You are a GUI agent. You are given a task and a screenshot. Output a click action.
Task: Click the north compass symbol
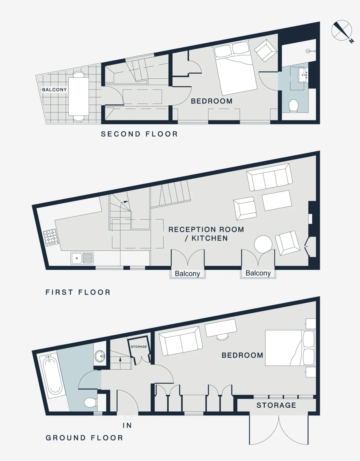(x=342, y=31)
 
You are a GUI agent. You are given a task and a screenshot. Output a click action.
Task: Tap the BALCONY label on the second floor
(x=54, y=90)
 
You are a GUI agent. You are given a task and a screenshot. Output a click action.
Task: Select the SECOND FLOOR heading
(x=139, y=134)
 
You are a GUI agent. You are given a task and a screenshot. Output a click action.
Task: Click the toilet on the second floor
(x=293, y=106)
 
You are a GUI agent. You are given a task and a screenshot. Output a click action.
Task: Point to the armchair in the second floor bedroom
(x=266, y=51)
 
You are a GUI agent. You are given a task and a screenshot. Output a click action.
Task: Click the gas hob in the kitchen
(x=50, y=237)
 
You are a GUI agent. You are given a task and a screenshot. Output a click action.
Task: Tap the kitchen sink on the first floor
(x=82, y=258)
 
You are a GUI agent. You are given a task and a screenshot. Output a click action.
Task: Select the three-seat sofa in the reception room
(x=269, y=177)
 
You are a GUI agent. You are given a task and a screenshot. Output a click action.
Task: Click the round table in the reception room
(x=263, y=244)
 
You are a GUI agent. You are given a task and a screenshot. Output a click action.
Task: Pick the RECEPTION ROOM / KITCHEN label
(x=206, y=234)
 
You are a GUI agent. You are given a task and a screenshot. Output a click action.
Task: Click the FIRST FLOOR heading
(x=78, y=292)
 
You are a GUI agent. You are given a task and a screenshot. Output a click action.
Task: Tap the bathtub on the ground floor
(x=53, y=375)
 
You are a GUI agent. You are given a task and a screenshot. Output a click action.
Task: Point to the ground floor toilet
(x=91, y=403)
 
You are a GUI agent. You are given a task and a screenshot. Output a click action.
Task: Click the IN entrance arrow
(x=128, y=416)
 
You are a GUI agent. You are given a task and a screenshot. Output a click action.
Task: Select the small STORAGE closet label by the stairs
(x=139, y=347)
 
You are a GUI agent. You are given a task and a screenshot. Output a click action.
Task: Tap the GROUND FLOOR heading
(x=84, y=438)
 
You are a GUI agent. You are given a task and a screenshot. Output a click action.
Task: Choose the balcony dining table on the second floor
(x=78, y=97)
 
